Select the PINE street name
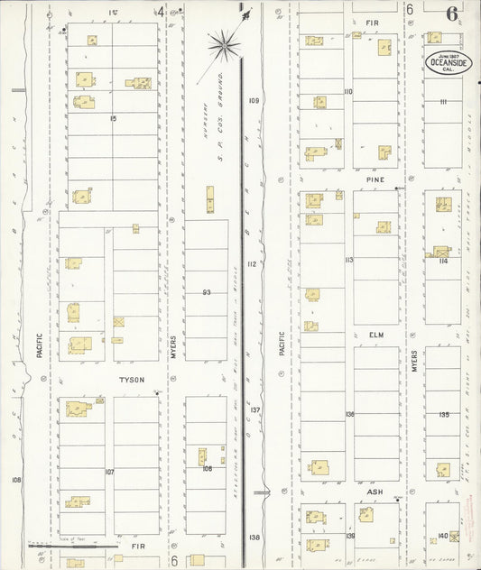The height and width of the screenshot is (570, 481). coord(375,179)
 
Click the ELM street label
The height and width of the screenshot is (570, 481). coord(376,335)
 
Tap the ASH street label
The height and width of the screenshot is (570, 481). coord(375,492)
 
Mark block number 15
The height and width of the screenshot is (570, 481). coord(113,118)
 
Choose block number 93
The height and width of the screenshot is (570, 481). coord(207,291)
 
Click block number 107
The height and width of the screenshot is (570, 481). coord(109,472)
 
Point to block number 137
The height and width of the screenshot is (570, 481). coord(255,409)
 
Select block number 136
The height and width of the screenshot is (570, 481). coord(349,414)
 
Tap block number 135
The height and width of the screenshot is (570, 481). coord(443,414)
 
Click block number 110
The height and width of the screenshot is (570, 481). coord(347,91)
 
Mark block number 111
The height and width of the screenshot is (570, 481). coord(443,101)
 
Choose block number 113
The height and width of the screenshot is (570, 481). coord(348,260)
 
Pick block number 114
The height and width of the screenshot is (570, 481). coord(443,261)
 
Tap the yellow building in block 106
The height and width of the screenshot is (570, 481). coord(202,456)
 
